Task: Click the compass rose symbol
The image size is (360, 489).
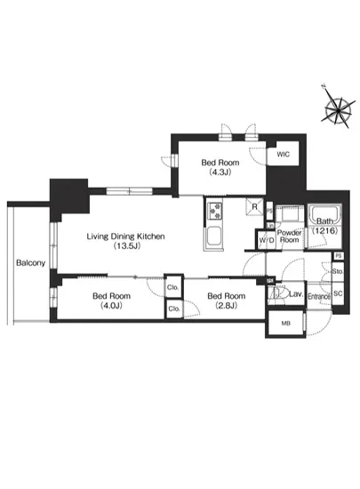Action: coord(338,108)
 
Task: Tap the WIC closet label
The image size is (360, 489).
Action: coord(283,154)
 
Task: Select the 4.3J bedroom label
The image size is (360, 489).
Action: coord(220,167)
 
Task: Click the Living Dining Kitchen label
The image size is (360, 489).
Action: coord(125,241)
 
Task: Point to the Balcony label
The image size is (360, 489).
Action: coord(30,263)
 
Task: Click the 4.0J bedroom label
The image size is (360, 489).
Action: coord(112,301)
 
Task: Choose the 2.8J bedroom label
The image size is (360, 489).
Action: coord(227,301)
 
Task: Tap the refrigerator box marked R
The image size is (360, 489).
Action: coord(254,206)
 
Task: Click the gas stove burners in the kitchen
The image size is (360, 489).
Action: coord(215,210)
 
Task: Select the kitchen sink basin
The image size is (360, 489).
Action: coord(214,237)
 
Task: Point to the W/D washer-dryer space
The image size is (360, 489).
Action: coord(267,240)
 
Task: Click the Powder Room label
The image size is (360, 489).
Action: coord(290,236)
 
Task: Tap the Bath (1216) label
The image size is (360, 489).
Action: coord(324,226)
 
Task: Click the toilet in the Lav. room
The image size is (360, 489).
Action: coord(276,293)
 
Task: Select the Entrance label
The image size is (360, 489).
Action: coord(319,296)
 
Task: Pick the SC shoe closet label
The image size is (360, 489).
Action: coord(338,293)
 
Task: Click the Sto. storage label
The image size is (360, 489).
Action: coord(338,271)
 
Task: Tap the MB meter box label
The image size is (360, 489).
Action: coord(286,324)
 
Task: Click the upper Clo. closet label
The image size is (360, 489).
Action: coord(172,287)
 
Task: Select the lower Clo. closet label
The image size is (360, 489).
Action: coord(174,309)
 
